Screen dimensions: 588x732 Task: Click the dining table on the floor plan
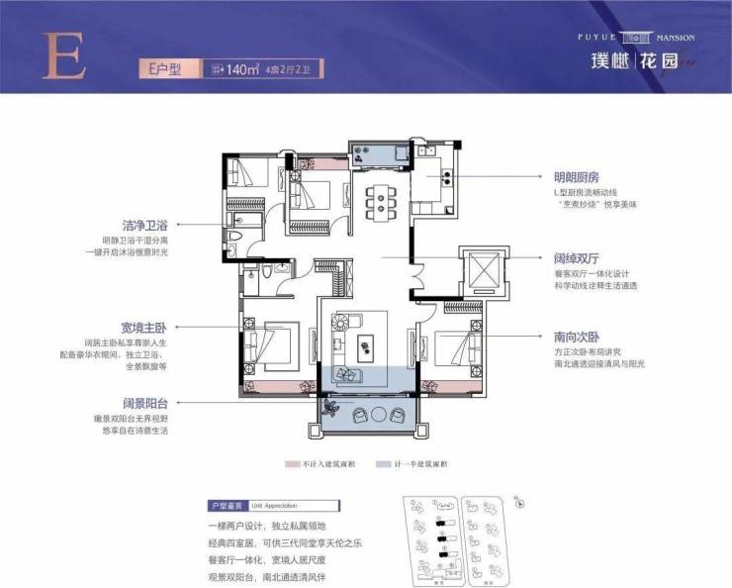(378, 200)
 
